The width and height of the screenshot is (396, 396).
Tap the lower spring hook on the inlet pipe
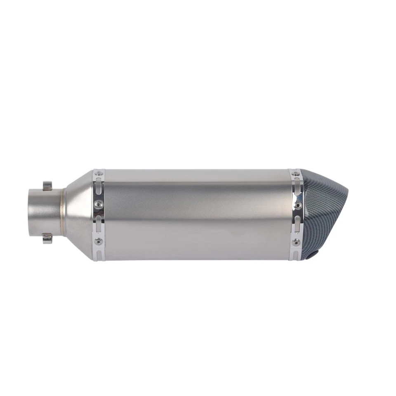pos(48,238)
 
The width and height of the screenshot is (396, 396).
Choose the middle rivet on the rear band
pos(298,205)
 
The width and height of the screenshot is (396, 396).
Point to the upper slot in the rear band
pos(297,189)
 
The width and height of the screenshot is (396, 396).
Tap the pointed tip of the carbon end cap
pos(347,193)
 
